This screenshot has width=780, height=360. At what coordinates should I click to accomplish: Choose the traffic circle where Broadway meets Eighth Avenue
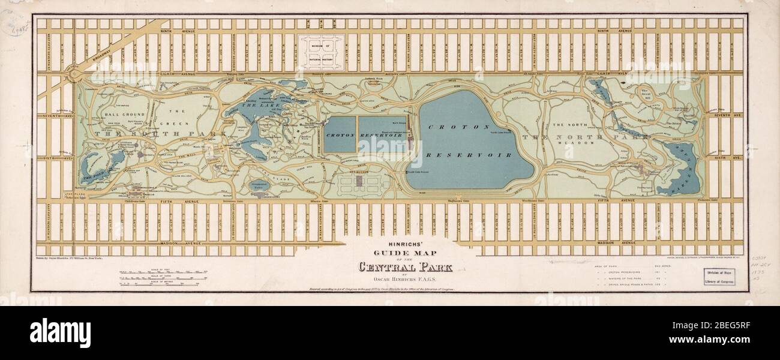click(74, 74)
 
